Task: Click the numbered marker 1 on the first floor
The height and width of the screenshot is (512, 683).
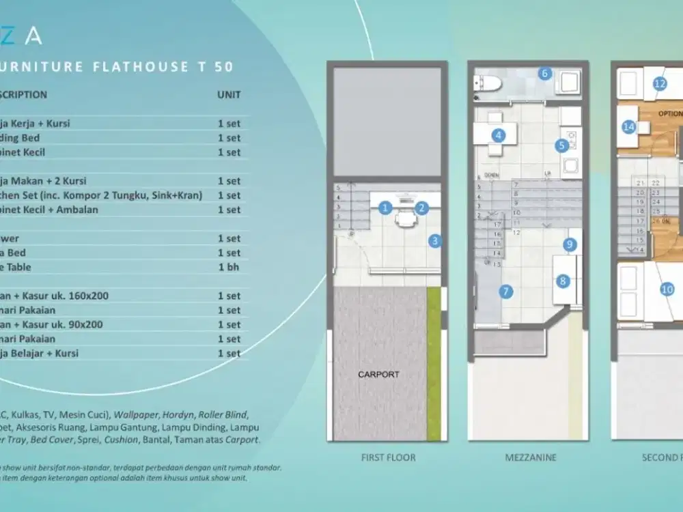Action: tap(385, 208)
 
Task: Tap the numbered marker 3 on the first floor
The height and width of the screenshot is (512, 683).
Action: tap(435, 240)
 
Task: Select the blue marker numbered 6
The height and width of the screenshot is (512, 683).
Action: tap(544, 73)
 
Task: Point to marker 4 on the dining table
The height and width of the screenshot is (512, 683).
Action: tap(499, 135)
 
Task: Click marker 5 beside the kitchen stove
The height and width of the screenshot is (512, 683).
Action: tap(562, 145)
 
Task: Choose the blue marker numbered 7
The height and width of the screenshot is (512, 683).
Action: tap(506, 291)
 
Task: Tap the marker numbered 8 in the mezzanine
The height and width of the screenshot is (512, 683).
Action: tap(563, 280)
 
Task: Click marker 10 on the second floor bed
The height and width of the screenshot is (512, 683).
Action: tap(667, 289)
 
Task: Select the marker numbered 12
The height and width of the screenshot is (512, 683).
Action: tap(660, 84)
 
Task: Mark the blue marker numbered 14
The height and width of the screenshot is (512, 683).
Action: tap(628, 126)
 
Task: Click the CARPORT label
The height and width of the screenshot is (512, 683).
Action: tap(378, 374)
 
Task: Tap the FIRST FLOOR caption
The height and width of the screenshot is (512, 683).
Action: tap(388, 457)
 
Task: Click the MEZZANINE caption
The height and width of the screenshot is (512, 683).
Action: tap(531, 457)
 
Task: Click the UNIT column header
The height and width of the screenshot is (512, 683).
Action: tap(229, 94)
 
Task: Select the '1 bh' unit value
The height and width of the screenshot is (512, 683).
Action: tap(229, 267)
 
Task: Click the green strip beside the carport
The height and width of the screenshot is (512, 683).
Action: tap(434, 355)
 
